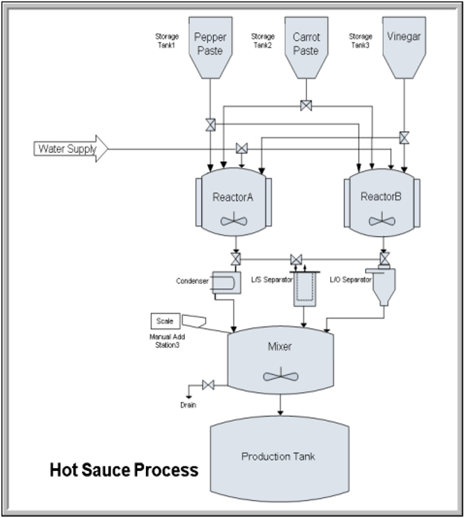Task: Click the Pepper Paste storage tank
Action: (209, 48)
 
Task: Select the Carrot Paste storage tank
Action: (306, 48)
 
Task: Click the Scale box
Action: (164, 320)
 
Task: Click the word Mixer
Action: (279, 346)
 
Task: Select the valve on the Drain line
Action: (209, 385)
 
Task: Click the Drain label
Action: (189, 405)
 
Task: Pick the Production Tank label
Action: (280, 456)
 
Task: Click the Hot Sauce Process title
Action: (124, 470)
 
